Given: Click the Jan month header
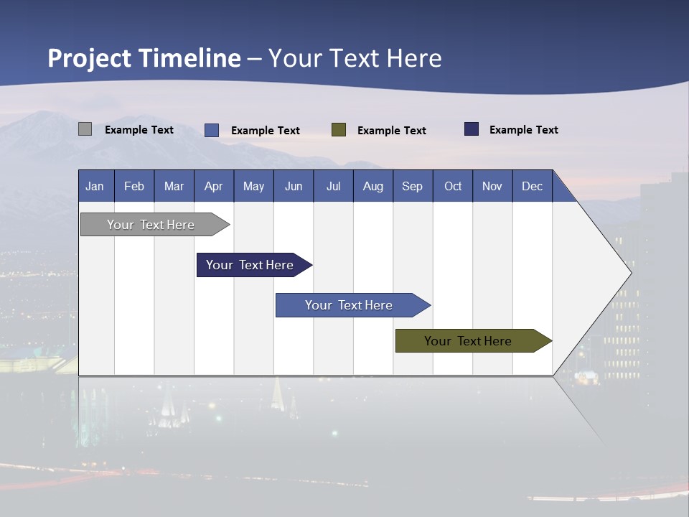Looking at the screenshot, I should click(x=95, y=186).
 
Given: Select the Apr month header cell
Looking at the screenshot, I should click(x=214, y=186).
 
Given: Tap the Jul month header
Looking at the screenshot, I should click(x=333, y=186).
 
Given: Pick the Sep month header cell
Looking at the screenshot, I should click(x=413, y=186).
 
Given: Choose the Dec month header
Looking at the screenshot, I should click(x=532, y=186).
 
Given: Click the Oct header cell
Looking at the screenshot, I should click(x=453, y=186).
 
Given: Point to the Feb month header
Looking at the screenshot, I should click(x=134, y=186).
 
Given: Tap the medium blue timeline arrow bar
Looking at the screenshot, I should click(x=350, y=305).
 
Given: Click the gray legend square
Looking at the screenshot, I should click(x=85, y=129).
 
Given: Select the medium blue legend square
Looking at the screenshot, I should click(x=211, y=130).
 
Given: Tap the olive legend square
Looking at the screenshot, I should click(x=339, y=129).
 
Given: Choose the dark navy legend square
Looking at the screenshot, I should click(x=471, y=129).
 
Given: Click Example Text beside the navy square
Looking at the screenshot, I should click(x=523, y=129).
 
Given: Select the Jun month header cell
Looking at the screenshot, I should click(x=294, y=186).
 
